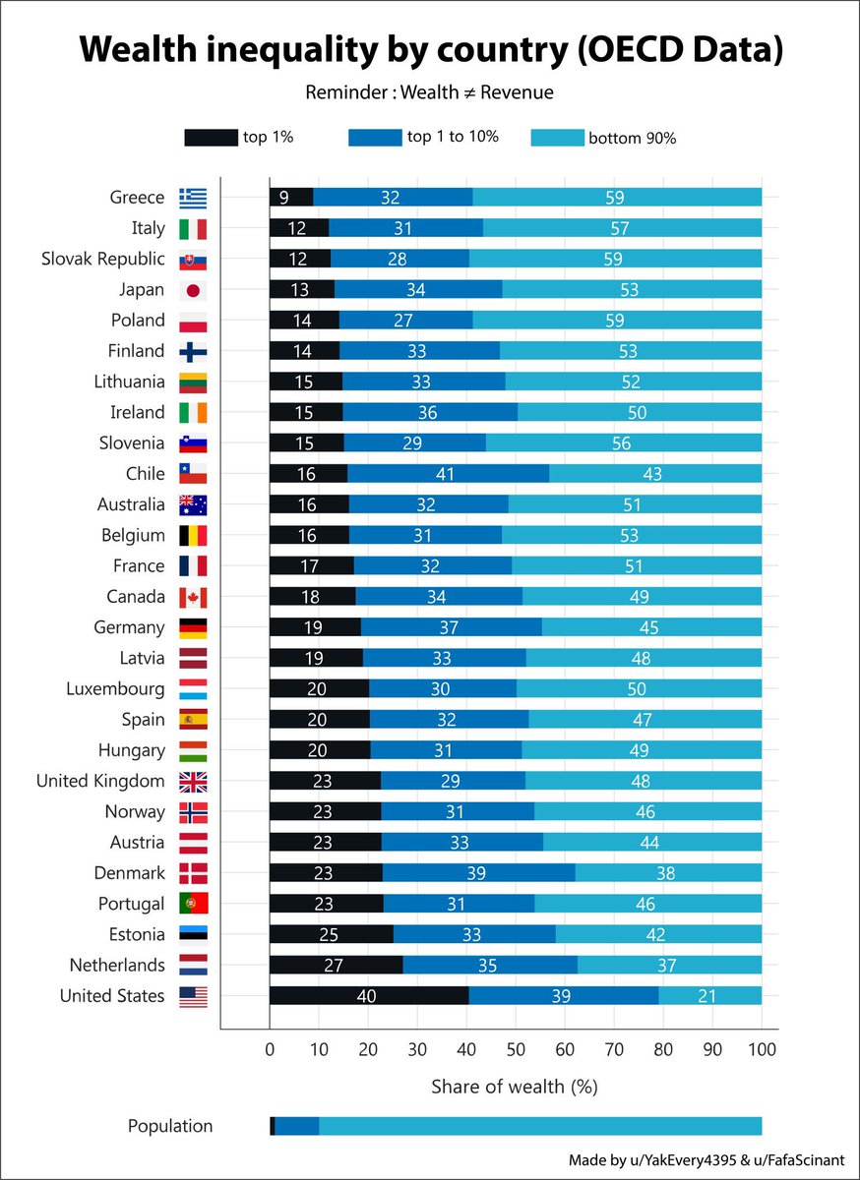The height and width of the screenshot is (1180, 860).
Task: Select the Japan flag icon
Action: pos(193,290)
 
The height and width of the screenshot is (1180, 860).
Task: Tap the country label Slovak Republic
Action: pos(103,260)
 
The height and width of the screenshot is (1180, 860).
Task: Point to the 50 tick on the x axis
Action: pos(516,1048)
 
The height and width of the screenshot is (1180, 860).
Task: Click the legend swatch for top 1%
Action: pos(211,138)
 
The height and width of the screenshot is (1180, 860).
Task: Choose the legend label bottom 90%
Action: pos(632,139)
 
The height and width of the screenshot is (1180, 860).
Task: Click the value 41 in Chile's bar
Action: pos(447,474)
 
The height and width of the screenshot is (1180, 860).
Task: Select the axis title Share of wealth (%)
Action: pos(514,1087)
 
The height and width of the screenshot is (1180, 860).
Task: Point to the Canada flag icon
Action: pos(193,597)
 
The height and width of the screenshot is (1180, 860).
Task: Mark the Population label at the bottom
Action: pos(169,1126)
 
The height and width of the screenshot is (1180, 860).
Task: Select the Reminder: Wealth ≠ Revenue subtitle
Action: pos(429,92)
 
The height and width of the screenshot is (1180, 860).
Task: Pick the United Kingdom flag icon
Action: pos(193,782)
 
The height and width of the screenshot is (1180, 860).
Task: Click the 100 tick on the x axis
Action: pos(762,1048)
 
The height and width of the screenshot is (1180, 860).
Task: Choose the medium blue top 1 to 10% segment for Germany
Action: pos(451,627)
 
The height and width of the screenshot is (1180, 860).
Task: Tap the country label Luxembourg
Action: pos(116,689)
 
